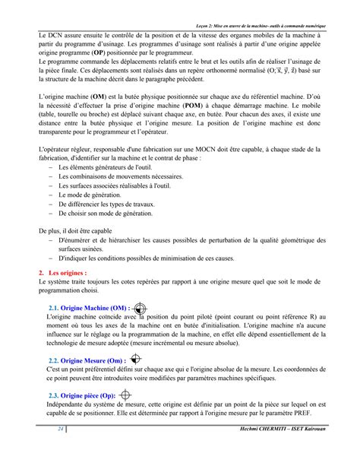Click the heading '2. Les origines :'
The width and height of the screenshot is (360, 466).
tap(63, 271)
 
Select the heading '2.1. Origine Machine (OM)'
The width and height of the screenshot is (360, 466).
tap(88, 308)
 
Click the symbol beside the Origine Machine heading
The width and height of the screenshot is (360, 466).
tap(139, 307)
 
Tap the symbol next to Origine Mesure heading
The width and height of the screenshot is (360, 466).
tap(135, 358)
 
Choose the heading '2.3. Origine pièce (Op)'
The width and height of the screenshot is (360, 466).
tap(81, 396)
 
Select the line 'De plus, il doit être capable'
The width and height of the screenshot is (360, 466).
tap(75, 230)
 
